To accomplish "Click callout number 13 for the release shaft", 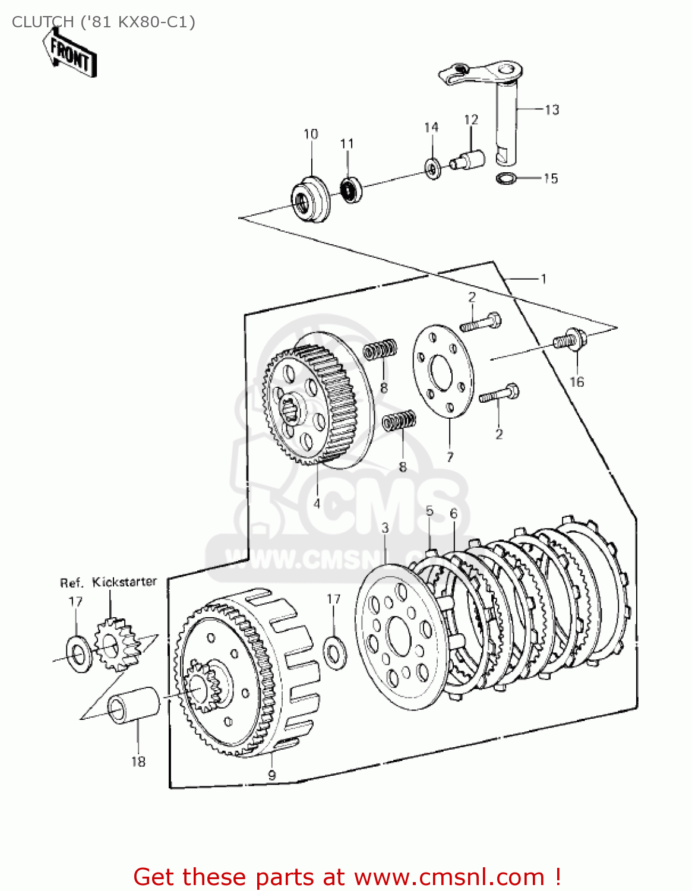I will pos(552,110).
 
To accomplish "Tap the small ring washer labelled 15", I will pos(505,178).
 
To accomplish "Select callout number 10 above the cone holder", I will pos(311,134).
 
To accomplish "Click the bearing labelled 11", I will pos(351,189).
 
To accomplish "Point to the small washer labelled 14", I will pos(432,169).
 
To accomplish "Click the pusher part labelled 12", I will pos(469,159).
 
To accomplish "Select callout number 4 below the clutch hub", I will pos(317,503).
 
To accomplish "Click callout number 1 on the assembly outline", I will pos(543,278).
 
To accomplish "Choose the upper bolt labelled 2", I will pos(481,323).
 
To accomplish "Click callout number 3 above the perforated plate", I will pos(385,527).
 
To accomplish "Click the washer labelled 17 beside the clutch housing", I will pos(334,651).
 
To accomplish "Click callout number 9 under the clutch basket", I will pos(271,775).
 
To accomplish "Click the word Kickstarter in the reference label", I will pos(124,582).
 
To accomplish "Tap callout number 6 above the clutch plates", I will pos(454,513).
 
